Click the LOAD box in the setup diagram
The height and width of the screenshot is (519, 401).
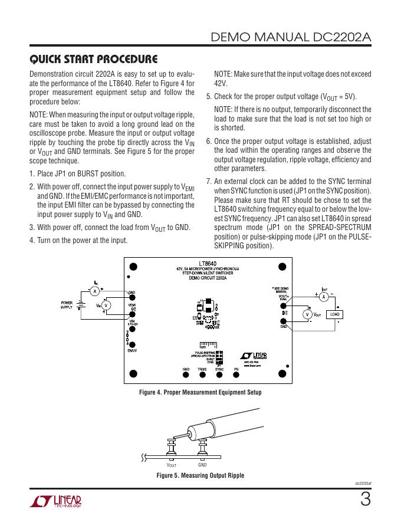335,314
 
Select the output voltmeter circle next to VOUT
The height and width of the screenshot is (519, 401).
307,314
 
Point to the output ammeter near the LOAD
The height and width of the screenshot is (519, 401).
323,298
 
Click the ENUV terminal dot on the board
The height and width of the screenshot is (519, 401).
132,346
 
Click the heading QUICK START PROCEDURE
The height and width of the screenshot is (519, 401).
93,59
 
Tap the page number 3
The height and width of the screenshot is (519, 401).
366,500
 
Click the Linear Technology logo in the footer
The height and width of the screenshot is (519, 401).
55,501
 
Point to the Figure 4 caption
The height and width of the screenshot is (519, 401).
200,392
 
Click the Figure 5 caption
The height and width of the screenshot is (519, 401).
200,475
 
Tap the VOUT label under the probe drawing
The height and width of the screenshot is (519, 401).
171,465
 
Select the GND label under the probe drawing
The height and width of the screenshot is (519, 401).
202,465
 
